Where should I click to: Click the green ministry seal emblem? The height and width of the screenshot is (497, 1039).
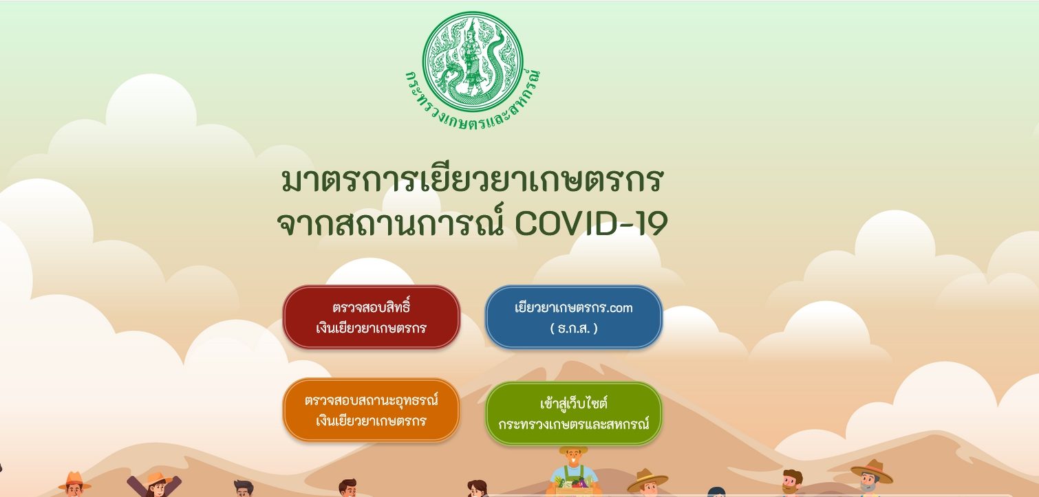tap(473, 62)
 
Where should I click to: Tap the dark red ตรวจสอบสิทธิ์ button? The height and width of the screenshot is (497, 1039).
tap(371, 317)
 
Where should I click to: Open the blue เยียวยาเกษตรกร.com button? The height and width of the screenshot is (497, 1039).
tap(574, 317)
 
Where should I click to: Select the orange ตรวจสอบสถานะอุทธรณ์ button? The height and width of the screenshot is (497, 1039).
tap(371, 410)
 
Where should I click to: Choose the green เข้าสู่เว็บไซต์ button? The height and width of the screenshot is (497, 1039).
tap(574, 413)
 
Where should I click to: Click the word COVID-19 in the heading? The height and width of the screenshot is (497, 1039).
tap(591, 223)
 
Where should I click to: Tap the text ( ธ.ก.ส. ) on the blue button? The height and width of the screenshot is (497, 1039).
tap(574, 329)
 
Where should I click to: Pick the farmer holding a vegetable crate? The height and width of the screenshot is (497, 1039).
tap(573, 472)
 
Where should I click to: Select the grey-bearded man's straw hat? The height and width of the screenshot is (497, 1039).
tap(872, 470)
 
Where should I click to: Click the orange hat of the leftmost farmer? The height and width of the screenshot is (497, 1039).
tap(74, 481)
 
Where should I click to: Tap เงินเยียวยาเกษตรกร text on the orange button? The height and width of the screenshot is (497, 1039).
tap(371, 421)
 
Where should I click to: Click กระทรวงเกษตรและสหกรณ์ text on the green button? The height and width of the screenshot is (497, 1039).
tap(574, 424)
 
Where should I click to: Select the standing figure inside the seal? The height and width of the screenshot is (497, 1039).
tap(473, 56)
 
